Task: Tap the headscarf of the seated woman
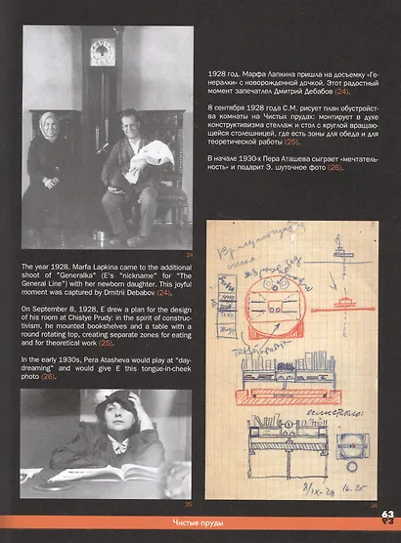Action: coord(47,128)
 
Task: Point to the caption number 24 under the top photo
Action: coord(190,256)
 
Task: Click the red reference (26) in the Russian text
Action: coord(335,168)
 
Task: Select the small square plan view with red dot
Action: coord(350,444)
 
